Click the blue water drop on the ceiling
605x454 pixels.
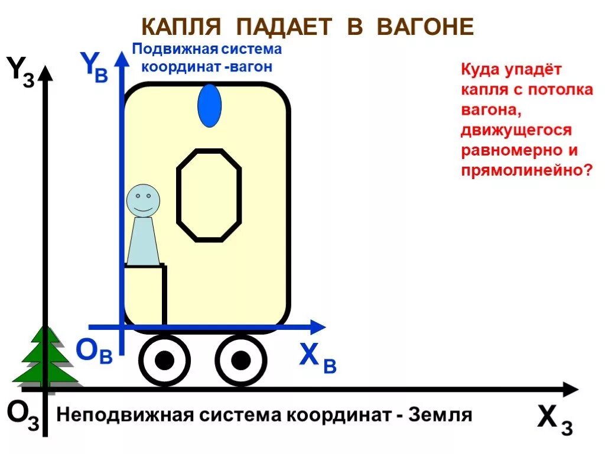[209, 106]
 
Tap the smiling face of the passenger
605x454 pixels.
[143, 200]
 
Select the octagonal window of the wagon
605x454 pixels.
[209, 195]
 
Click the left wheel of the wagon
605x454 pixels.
[165, 359]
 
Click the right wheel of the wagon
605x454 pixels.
[240, 359]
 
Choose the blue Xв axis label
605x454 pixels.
[317, 358]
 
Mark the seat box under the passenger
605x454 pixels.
[145, 294]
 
